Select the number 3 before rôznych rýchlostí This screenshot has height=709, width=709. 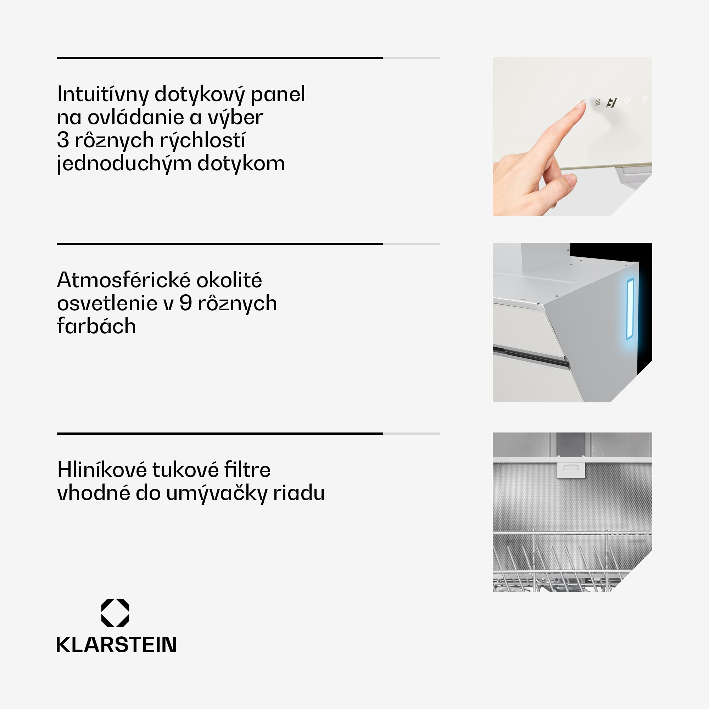click(63, 140)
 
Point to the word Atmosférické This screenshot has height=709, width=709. click(123, 280)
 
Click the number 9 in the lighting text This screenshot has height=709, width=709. click(186, 303)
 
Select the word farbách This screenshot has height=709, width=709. click(96, 326)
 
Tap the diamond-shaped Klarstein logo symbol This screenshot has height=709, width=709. click(115, 613)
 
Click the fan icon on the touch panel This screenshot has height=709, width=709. click(597, 103)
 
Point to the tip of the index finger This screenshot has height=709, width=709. click(581, 104)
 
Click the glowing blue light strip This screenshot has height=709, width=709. click(630, 309)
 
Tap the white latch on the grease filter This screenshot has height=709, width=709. click(571, 468)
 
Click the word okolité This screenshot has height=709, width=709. click(229, 280)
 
